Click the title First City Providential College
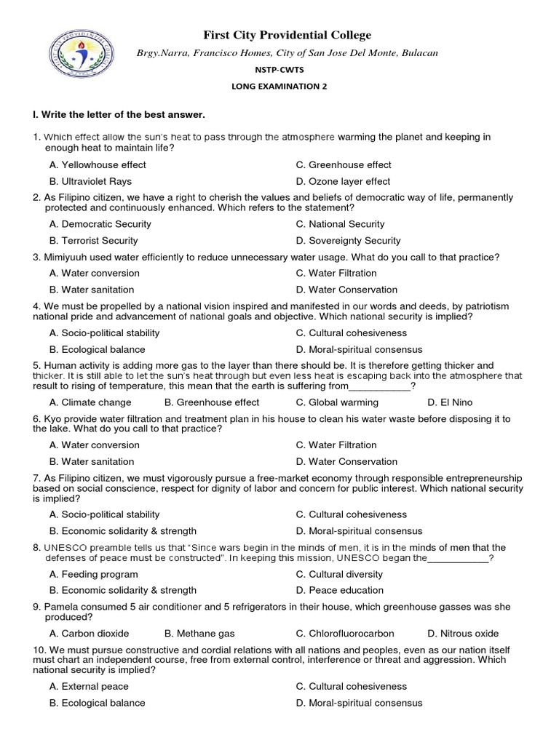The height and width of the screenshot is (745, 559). coord(286,35)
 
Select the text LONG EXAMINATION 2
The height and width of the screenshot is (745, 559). coord(279,87)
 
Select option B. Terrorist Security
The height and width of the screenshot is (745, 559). coord(93,241)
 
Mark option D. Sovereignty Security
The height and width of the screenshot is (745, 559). coord(348,241)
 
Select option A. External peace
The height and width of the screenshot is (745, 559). coord(89,687)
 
